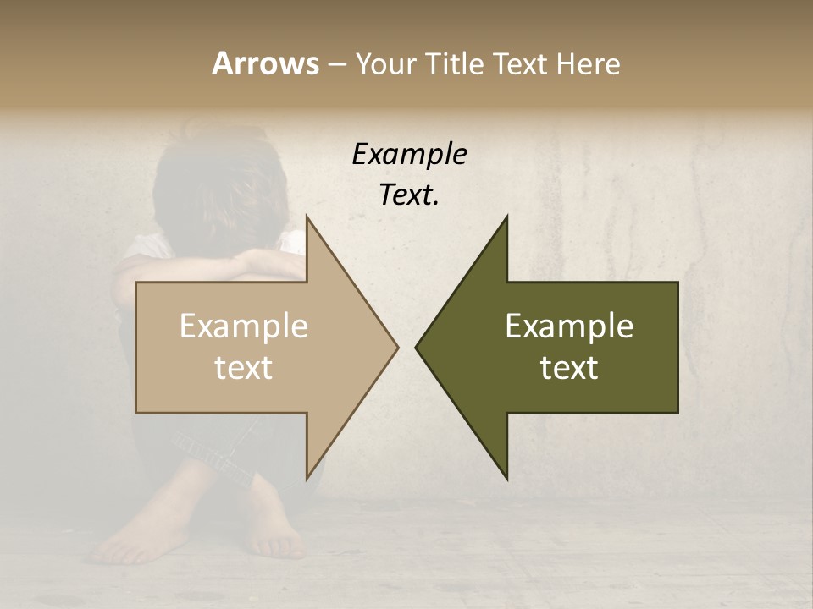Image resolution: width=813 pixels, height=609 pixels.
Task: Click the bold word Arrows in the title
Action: (x=265, y=63)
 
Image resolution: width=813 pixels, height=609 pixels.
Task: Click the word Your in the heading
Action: (x=384, y=63)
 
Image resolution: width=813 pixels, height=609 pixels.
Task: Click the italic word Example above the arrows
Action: (x=409, y=154)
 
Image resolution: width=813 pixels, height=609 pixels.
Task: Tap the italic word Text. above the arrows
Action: (x=409, y=195)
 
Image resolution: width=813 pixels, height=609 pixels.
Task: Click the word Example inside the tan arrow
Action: (x=244, y=326)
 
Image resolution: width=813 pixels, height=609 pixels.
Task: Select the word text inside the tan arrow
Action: (x=244, y=368)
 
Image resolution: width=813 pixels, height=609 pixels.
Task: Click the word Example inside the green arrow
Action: (x=569, y=326)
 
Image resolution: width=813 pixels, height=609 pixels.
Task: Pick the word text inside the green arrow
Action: (x=569, y=368)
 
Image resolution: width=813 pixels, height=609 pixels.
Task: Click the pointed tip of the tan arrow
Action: (x=396, y=347)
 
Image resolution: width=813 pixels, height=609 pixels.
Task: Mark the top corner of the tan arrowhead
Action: (x=307, y=217)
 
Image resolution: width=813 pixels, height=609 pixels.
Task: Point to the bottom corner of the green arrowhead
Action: (x=507, y=478)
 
